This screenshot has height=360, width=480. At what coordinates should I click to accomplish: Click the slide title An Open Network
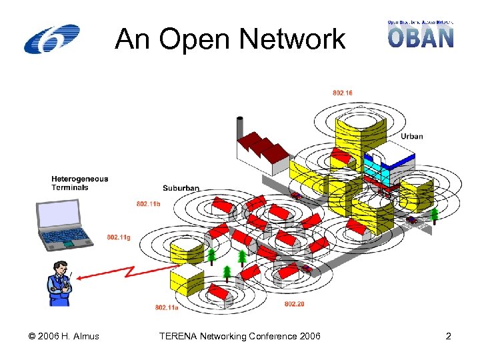(230, 40)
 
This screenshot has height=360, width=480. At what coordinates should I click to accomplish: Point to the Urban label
(411, 136)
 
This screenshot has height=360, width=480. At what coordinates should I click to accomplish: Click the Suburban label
(181, 188)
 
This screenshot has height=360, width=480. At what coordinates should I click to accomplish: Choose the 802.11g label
(119, 237)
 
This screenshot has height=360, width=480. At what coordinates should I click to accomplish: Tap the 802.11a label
(166, 307)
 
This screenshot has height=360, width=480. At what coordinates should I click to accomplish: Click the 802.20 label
(294, 304)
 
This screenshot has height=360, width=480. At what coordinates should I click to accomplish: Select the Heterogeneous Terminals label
(79, 183)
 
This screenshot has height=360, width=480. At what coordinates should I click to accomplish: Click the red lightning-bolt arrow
(127, 275)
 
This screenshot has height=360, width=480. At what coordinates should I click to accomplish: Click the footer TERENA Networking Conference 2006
(239, 336)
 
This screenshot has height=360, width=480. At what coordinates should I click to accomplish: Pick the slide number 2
(448, 336)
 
